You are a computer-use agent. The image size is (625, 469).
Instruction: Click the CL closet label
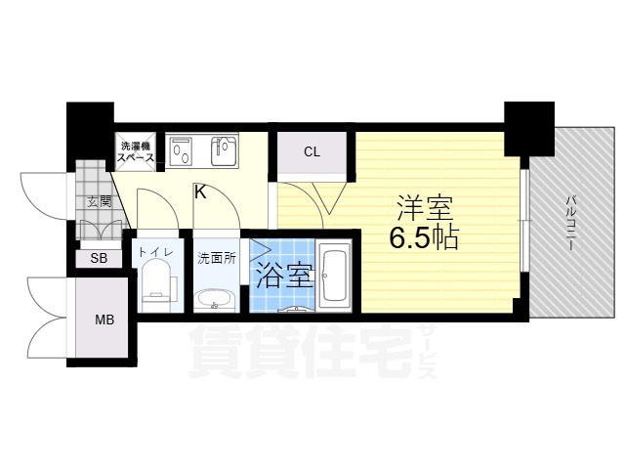pos(312,152)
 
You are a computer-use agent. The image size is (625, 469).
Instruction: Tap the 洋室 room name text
pos(425,208)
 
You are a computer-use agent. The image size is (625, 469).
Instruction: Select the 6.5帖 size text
pos(423,238)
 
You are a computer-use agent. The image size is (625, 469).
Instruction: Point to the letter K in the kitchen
pos(200,192)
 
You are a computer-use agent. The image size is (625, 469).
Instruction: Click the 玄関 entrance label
pos(100,202)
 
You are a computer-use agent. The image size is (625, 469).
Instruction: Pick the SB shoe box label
pos(99,258)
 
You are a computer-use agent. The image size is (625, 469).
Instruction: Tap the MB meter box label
pos(104,320)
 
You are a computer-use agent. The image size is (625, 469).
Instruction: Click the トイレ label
pos(156,252)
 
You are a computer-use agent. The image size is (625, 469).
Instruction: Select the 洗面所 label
pos(217,258)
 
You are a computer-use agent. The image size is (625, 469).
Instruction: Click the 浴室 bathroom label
pos(284,276)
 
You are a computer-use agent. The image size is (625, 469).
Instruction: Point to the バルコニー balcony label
pos(571,222)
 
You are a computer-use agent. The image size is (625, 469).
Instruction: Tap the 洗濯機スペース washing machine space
pos(135,151)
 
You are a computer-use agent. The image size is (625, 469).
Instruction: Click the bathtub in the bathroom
pos(334,276)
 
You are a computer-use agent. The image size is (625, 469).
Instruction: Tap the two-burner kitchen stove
pos(181,151)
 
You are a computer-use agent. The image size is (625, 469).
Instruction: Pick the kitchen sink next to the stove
pos(224,151)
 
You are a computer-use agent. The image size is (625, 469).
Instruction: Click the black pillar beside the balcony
pos(529,128)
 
